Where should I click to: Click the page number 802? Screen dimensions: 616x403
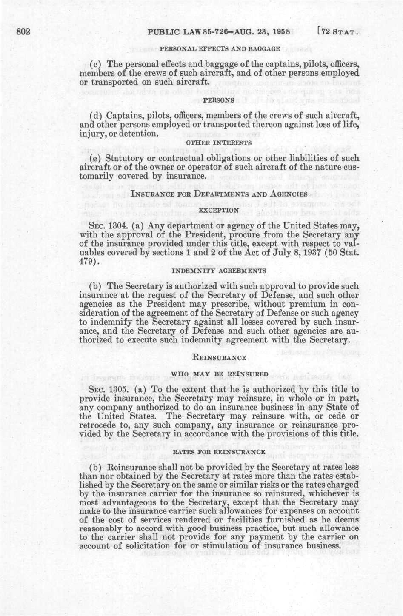22,32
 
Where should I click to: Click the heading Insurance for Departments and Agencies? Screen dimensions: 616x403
219,194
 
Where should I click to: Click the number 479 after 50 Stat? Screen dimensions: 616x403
89,262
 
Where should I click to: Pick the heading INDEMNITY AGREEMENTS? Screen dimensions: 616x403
219,270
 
